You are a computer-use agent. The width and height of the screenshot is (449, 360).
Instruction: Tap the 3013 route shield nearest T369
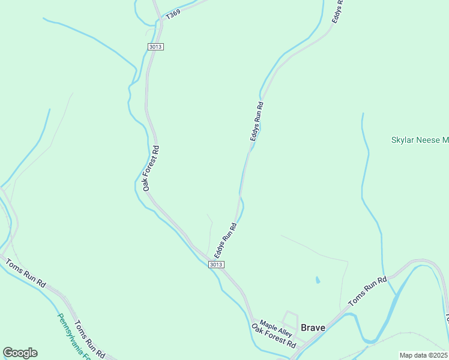(155, 46)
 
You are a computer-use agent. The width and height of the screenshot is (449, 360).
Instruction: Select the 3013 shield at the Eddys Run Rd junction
(217, 265)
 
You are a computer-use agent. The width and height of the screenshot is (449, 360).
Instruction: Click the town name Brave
(313, 328)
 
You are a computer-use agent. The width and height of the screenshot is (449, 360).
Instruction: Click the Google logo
(20, 353)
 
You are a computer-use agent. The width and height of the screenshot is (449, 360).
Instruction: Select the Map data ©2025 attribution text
(424, 355)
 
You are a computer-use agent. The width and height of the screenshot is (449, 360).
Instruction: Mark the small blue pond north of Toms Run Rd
(317, 280)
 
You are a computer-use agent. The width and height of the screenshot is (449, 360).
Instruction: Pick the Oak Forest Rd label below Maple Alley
(274, 337)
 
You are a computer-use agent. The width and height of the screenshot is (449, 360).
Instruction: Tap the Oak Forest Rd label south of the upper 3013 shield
(149, 168)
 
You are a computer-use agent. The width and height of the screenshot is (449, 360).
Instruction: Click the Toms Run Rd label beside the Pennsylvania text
(89, 340)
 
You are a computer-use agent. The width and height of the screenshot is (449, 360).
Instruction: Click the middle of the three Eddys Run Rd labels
(257, 121)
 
